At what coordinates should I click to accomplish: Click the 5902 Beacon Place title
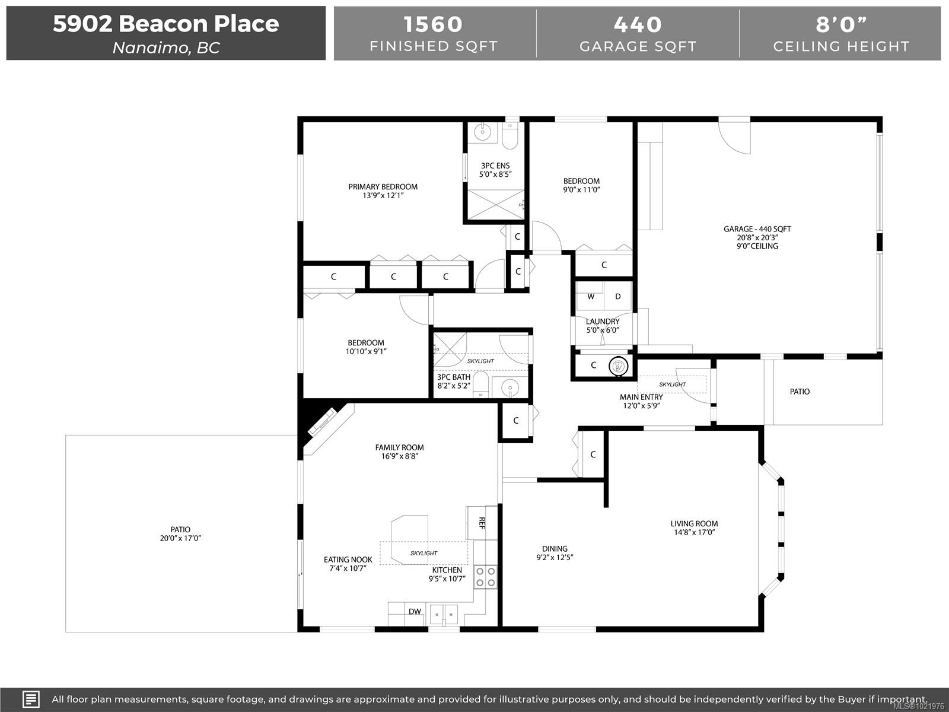tap(165, 24)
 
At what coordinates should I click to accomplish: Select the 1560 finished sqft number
tap(433, 24)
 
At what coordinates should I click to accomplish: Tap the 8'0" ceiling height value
tap(841, 24)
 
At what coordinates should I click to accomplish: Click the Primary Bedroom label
tap(383, 187)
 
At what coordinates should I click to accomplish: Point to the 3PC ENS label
tap(495, 166)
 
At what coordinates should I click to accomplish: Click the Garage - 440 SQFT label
tap(757, 229)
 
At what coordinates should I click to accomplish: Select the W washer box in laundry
tap(591, 297)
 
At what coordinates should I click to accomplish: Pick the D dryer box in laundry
tap(617, 297)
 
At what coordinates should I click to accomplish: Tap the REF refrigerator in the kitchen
tap(482, 523)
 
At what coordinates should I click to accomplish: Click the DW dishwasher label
tap(415, 612)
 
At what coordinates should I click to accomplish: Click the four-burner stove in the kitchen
tap(485, 577)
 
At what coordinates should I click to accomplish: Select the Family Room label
tap(399, 448)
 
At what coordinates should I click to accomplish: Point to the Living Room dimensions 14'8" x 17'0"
tap(694, 532)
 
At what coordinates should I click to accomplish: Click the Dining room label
tap(555, 549)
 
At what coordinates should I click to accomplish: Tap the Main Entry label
tap(641, 398)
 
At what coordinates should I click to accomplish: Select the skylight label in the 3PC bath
tap(480, 361)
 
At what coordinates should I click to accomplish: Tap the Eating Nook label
tap(348, 560)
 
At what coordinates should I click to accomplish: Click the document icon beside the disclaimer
tap(31, 699)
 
